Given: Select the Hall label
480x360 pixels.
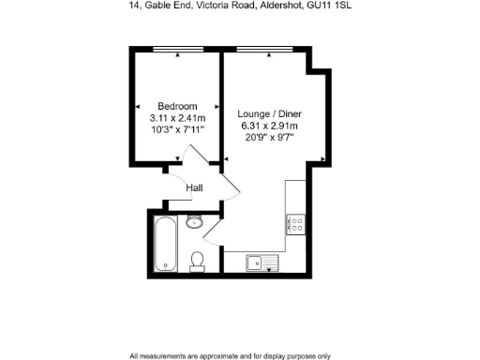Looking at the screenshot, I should coord(195,188).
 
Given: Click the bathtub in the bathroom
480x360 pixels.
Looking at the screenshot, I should coord(164,243).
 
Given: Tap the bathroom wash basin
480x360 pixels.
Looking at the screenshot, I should coord(195,222).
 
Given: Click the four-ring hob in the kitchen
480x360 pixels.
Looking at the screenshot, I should coord(295,224).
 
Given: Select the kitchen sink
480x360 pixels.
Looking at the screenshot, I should coord(258,261).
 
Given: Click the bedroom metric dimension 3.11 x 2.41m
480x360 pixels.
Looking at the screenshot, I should coord(177,118).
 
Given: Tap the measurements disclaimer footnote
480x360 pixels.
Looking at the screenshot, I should coord(231,355).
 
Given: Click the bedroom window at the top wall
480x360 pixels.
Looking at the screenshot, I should coord(177,50).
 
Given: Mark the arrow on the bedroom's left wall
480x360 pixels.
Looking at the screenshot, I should coord(138,106).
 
